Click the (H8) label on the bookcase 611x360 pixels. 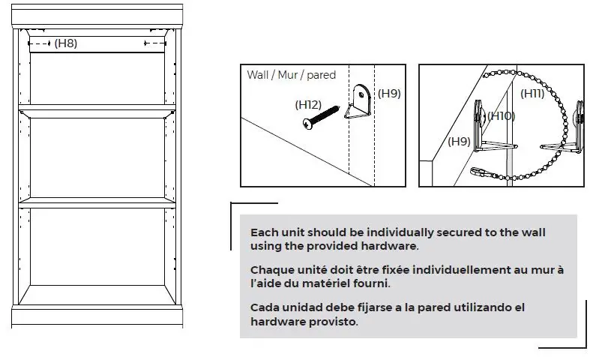point(66,43)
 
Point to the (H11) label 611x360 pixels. point(533,94)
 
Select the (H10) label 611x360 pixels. point(501,115)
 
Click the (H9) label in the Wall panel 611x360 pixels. point(389,94)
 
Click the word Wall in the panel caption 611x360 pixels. point(258,75)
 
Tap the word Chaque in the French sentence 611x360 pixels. point(271,270)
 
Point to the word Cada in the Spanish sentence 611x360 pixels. point(265,308)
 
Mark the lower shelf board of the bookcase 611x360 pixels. point(97,202)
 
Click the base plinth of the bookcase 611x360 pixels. point(97,316)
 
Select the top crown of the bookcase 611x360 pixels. point(97,15)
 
